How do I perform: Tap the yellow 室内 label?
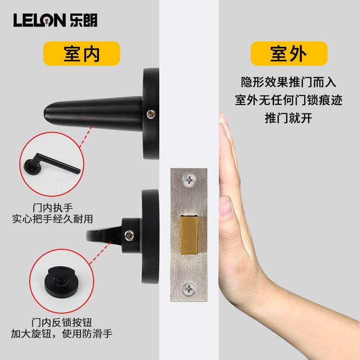pos(81,54)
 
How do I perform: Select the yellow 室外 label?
pos(288,54)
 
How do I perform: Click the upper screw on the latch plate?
pos(189,180)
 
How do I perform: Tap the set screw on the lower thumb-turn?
pos(130,234)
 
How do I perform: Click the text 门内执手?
pos(53,208)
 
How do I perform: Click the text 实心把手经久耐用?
pos(53,220)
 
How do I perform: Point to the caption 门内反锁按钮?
pos(62,323)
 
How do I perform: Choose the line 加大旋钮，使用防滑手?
pos(62,334)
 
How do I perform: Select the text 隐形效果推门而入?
pos(288,83)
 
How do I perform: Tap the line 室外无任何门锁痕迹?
pos(288,100)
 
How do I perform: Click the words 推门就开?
pos(288,118)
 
